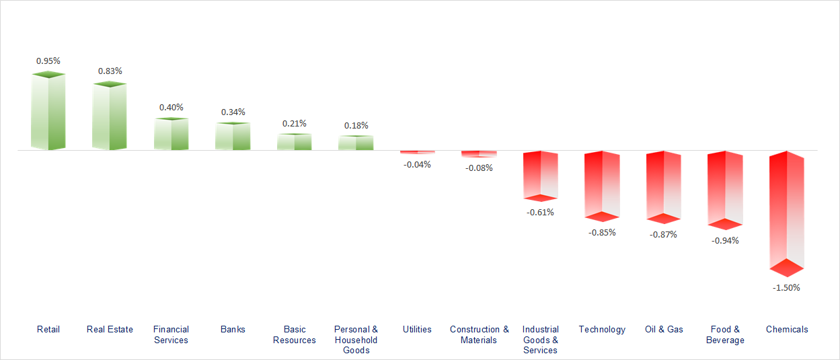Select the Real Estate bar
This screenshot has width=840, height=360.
coord(110,116)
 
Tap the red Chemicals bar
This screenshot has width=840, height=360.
coord(787,212)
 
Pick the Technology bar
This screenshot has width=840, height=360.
coord(601,185)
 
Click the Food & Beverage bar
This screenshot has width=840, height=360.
coord(725,189)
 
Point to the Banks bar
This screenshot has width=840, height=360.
coord(233,136)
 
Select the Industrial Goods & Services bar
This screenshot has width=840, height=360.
coord(541,175)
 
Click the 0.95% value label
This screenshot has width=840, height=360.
coord(48,61)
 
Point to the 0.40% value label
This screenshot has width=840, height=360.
coord(171,107)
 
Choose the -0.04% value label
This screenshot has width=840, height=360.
coord(417,164)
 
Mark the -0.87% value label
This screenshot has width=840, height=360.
coord(663,234)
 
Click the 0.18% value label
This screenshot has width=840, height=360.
coord(356,125)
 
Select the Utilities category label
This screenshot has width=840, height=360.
coord(417,329)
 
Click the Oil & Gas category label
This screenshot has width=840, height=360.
coord(664,329)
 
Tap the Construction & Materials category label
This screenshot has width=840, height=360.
coord(480,334)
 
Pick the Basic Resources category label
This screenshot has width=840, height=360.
coord(295,334)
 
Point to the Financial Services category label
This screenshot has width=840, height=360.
coord(171,334)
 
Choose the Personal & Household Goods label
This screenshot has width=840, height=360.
coord(356,340)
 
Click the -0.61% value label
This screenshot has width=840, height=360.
coord(541,212)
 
